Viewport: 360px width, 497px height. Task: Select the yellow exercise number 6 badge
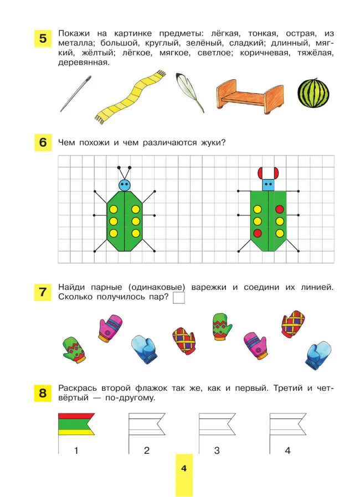[43, 142]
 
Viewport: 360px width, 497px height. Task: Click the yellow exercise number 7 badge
[43, 291]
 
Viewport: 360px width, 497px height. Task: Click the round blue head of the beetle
[125, 184]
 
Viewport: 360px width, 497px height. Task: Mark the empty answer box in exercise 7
[179, 298]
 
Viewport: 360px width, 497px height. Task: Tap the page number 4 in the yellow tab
[184, 469]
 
